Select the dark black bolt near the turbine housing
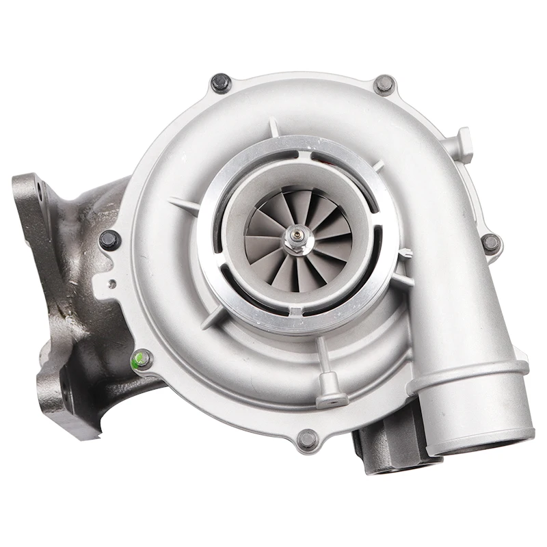109,239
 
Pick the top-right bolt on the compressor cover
385,85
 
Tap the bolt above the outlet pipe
490,242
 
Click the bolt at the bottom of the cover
308,438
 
